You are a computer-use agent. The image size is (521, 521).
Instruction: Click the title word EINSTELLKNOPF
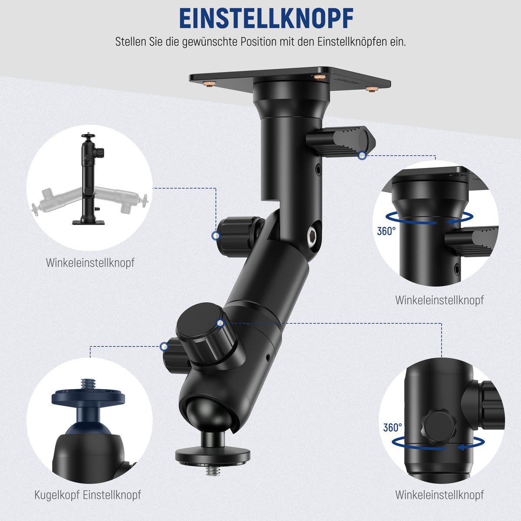point(266,18)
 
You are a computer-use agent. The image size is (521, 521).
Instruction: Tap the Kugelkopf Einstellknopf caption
point(88,495)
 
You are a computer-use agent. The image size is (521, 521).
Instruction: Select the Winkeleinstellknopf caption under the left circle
point(90,263)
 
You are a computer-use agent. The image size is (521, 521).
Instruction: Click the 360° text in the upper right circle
point(386,231)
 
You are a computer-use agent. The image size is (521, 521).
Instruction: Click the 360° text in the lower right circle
point(392,428)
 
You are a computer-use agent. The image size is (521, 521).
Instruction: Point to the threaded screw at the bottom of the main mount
point(213,471)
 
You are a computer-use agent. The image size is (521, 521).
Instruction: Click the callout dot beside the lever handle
point(362,155)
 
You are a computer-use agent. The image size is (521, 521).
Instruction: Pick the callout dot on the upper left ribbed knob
point(216,236)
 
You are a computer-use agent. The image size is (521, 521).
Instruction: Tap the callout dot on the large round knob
point(221,323)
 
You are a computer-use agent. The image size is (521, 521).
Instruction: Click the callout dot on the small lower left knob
point(164,346)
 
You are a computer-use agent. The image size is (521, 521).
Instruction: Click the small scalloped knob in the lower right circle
point(439,427)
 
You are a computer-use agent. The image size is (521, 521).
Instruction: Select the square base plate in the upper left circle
point(88,223)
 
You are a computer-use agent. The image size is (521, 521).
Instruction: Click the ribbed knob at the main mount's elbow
point(237,236)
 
